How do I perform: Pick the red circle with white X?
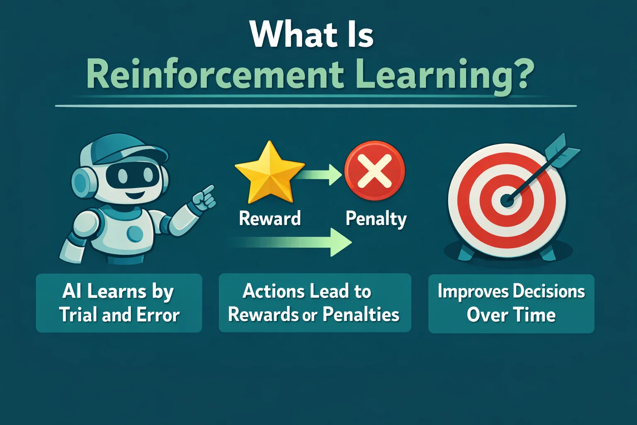coord(374,171)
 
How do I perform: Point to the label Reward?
coord(270,219)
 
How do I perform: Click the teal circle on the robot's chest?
coord(135,233)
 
